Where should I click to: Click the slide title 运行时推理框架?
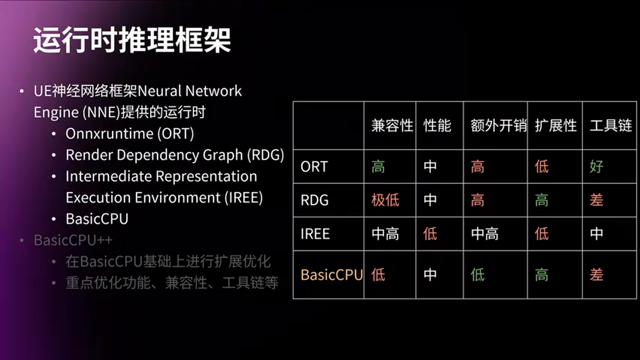[x=132, y=40]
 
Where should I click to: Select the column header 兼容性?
[x=392, y=125]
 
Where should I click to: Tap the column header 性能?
[x=437, y=125]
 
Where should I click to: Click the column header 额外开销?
[x=498, y=125]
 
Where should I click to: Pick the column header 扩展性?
[x=555, y=125]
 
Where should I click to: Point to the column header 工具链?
[x=610, y=125]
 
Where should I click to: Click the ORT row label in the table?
[x=314, y=166]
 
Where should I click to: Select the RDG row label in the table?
[x=314, y=200]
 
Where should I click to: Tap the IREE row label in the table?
[x=315, y=233]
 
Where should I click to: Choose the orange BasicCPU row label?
[x=331, y=274]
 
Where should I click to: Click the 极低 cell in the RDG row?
[x=385, y=200]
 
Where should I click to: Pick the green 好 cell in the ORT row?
[x=596, y=166]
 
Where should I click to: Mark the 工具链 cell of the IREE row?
[x=596, y=233]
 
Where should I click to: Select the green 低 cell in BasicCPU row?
[x=477, y=274]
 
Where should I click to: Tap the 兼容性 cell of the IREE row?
[x=385, y=233]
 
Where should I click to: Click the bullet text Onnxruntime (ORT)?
[x=129, y=133]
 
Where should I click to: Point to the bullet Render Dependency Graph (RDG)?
[x=174, y=155]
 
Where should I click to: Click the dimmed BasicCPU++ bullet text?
[x=73, y=240]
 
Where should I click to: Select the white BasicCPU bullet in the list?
[x=97, y=219]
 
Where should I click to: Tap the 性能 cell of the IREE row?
[x=430, y=233]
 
